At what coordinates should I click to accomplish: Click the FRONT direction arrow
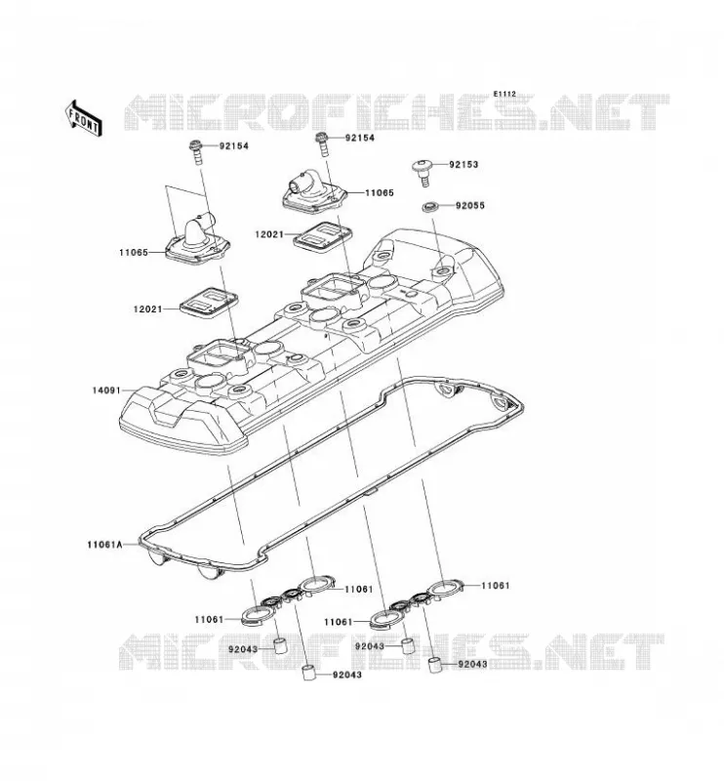pos(84,118)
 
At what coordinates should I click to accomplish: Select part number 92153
pos(463,164)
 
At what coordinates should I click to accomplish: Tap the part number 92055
pos(469,206)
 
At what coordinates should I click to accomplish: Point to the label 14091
pos(106,390)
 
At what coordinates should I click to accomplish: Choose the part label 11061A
pos(104,545)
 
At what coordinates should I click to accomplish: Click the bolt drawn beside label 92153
pos(423,173)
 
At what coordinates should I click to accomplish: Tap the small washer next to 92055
pos(428,206)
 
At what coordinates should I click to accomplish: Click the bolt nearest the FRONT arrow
pos(197,152)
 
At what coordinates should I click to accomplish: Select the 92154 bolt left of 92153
pos(321,144)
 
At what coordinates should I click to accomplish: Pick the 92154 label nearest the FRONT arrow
pos(233,145)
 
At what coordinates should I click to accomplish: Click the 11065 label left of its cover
pos(134,253)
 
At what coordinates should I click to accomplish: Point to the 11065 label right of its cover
pos(380,192)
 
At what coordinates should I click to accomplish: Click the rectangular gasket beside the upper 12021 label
pos(323,235)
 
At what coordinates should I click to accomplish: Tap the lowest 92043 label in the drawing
pos(347,675)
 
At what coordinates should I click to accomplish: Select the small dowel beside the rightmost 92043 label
pos(437,665)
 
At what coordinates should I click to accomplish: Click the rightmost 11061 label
pos(496,586)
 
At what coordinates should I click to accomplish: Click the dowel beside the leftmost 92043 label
pos(282,645)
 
